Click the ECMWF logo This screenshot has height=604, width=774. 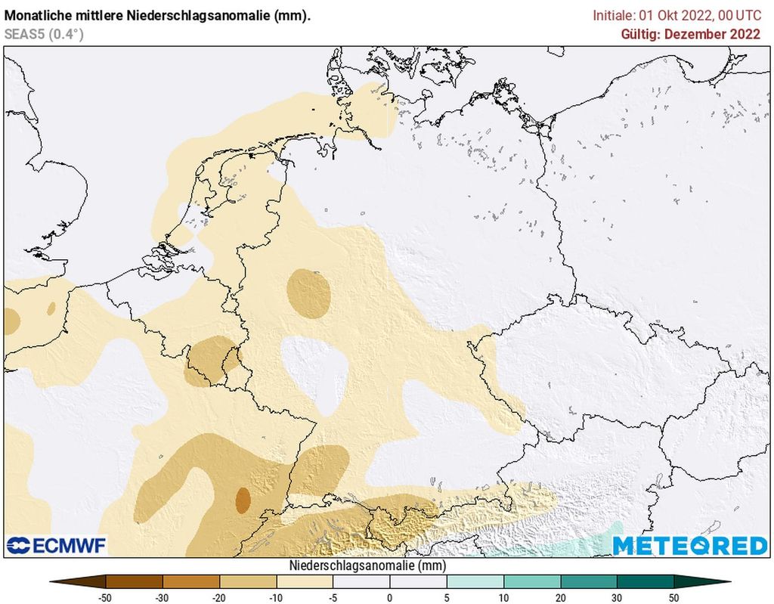(57, 545)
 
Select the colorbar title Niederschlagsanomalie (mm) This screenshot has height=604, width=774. (367, 565)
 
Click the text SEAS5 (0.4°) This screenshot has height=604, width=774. (44, 33)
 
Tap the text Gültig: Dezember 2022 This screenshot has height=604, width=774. (690, 34)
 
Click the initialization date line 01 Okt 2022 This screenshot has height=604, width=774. (676, 15)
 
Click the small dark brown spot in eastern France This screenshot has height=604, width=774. (243, 500)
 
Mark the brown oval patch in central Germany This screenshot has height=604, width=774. (309, 292)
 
